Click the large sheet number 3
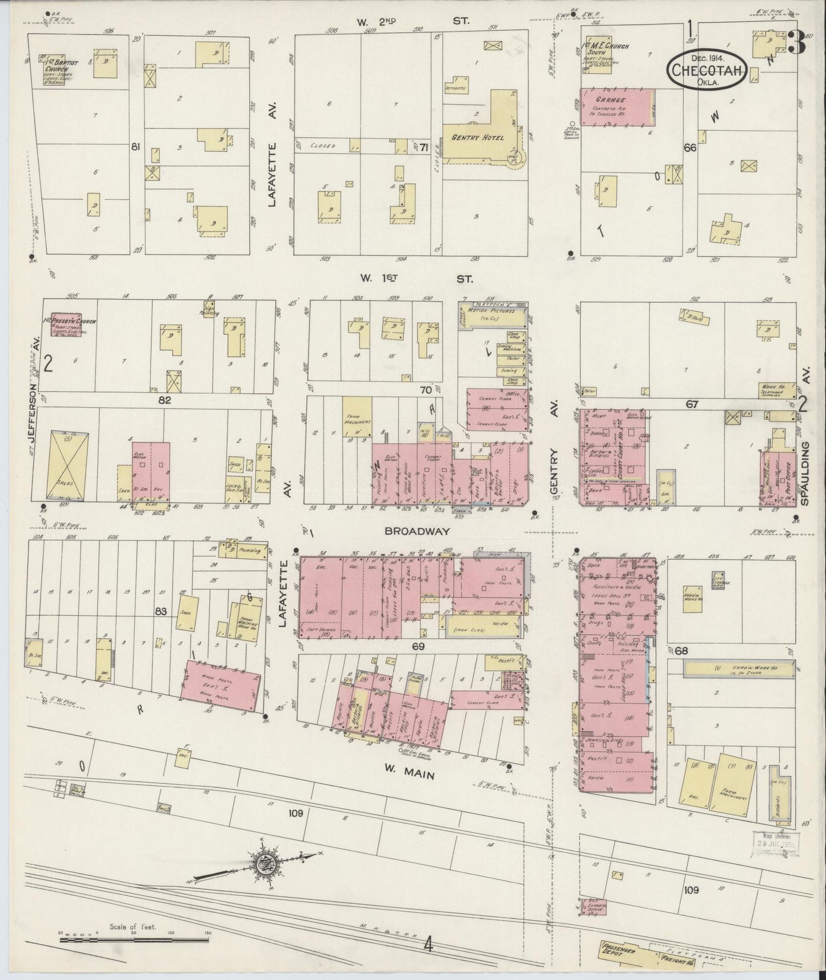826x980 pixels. [796, 42]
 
